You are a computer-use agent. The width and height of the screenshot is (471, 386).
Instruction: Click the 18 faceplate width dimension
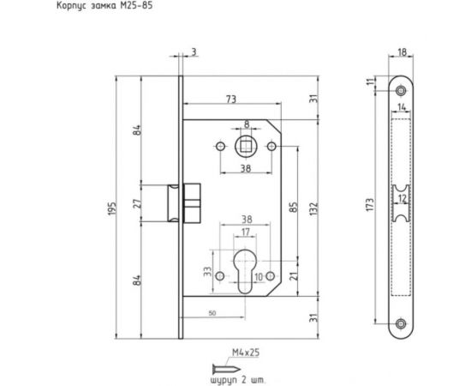[x=401, y=53]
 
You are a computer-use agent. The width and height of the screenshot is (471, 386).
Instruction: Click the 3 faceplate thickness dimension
[x=193, y=53]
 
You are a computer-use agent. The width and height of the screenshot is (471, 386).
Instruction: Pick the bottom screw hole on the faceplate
[x=401, y=323]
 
